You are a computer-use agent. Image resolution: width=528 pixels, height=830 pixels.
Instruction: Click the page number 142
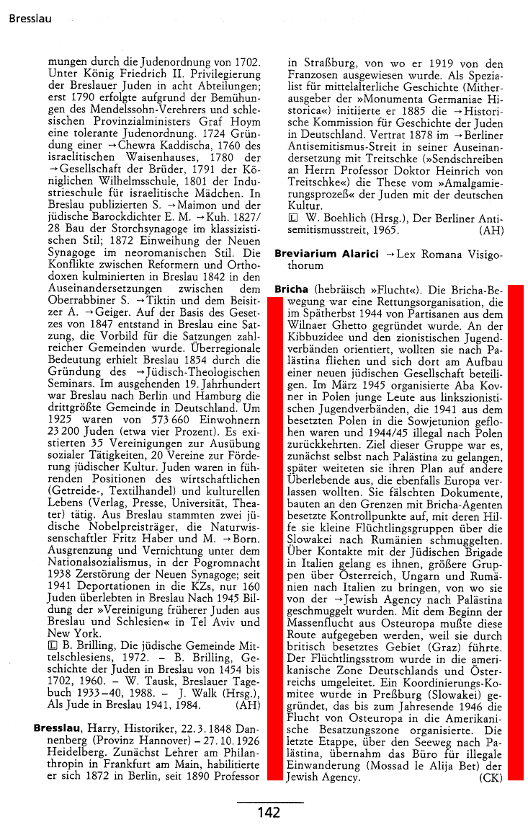tap(269, 813)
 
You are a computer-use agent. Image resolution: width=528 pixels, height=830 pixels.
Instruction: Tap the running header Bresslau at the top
tap(30, 18)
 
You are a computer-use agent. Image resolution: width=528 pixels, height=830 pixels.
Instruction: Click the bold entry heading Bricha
tap(291, 289)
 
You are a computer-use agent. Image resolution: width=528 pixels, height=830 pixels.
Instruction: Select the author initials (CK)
tap(491, 778)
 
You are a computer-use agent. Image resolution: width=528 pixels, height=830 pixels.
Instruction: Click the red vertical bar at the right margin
tap(515, 531)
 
